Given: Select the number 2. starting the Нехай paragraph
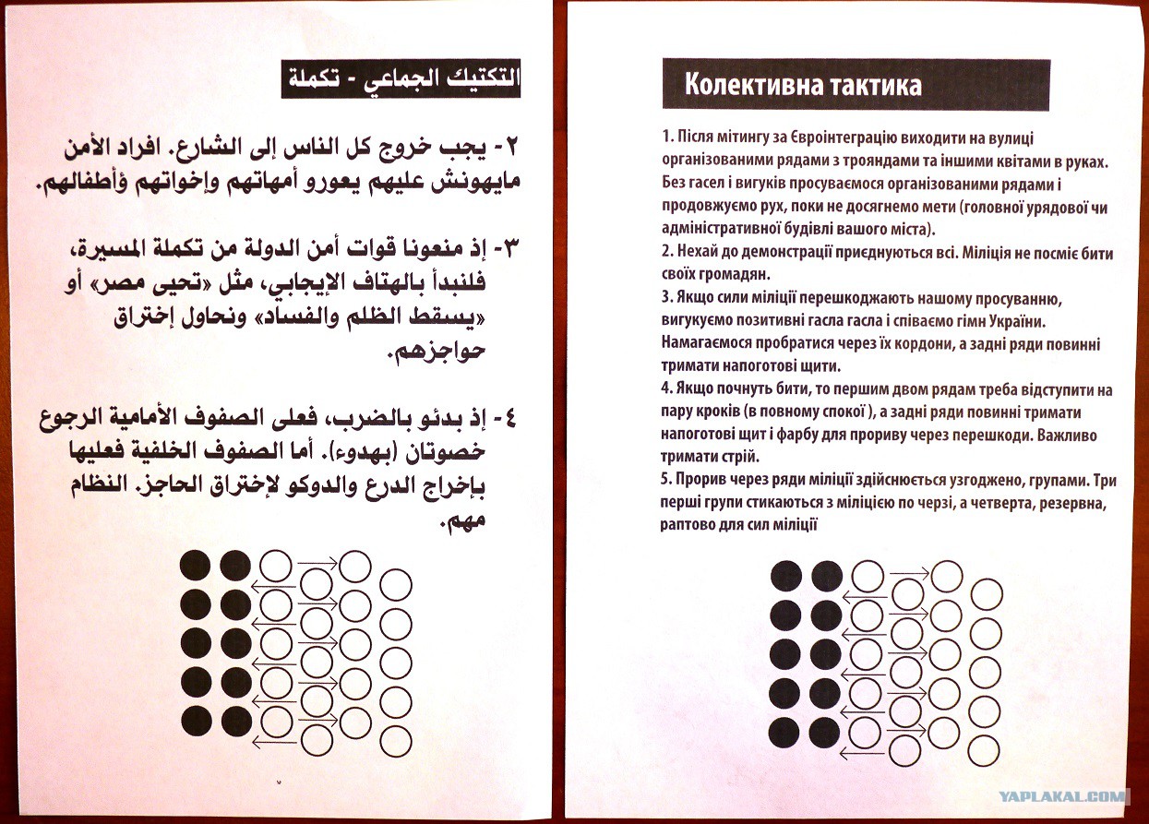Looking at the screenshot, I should pyautogui.click(x=666, y=254).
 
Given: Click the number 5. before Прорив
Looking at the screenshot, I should pyautogui.click(x=666, y=481).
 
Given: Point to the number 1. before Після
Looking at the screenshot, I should pyautogui.click(x=666, y=137).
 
